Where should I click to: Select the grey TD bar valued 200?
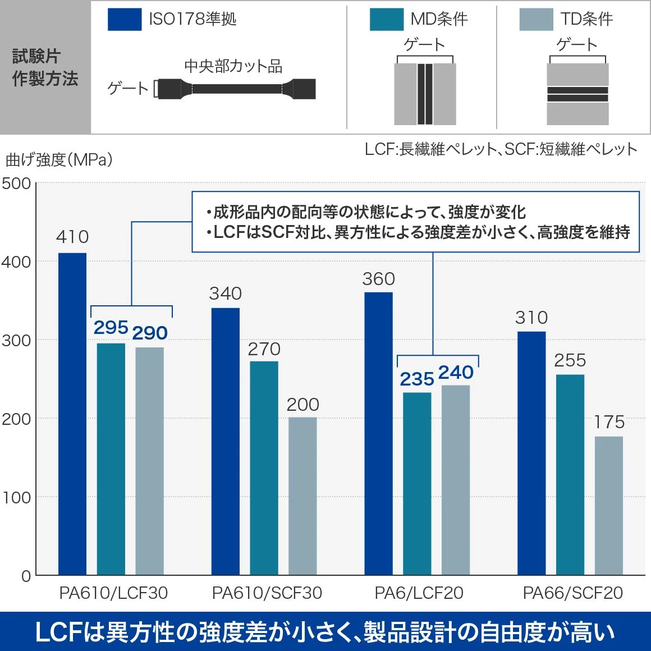(302, 496)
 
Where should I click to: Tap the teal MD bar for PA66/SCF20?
(570, 475)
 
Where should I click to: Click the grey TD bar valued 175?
(609, 506)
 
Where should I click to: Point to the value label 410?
(72, 237)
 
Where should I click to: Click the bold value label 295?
(111, 327)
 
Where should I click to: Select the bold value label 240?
(456, 372)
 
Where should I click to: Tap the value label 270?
(264, 349)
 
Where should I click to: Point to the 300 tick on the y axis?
(16, 341)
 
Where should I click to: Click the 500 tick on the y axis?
(16, 184)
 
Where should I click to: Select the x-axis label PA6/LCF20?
(419, 593)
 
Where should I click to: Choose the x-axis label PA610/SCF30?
(267, 593)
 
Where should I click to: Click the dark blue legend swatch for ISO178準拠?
(124, 19)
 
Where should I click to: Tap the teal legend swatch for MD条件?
(386, 19)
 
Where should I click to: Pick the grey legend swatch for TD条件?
(536, 19)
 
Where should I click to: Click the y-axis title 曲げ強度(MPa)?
(59, 160)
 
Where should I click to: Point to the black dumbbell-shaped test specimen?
(237, 89)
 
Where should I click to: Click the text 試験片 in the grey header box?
(36, 56)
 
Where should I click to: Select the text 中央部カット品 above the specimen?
(233, 66)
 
